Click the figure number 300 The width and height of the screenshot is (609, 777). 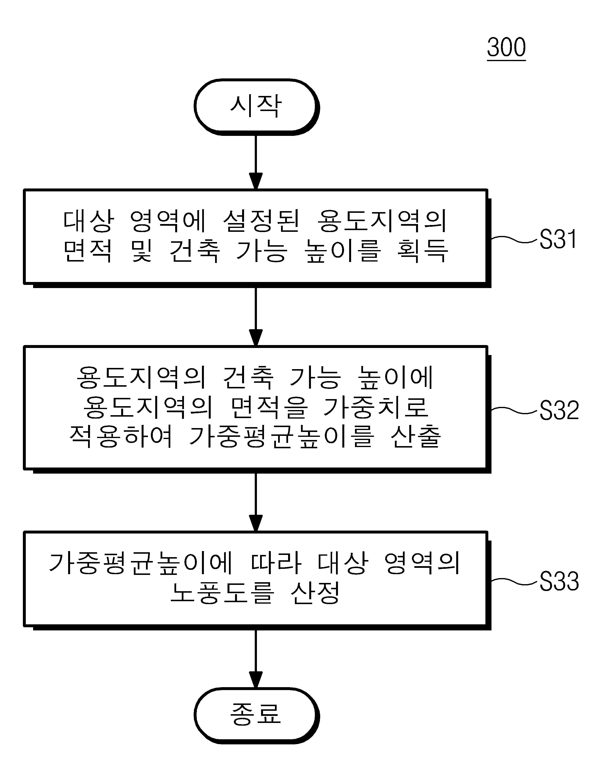[x=506, y=47]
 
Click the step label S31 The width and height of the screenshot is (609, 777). [x=558, y=239]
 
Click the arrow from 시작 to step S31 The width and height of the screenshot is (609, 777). [x=256, y=162]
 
